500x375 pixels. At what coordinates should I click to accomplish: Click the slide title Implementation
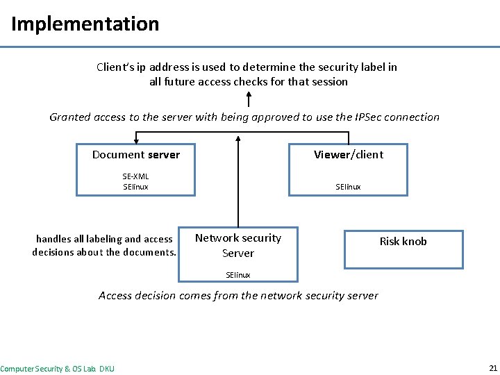pyautogui.click(x=85, y=24)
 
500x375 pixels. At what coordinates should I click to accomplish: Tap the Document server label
pyautogui.click(x=136, y=154)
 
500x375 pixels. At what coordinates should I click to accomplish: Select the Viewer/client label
pyautogui.click(x=348, y=154)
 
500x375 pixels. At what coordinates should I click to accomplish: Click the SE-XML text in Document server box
pyautogui.click(x=135, y=176)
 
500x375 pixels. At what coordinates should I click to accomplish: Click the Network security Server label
pyautogui.click(x=237, y=245)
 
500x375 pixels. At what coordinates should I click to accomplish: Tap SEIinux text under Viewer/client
pyautogui.click(x=348, y=187)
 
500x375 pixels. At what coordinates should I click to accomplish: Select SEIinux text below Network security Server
pyautogui.click(x=238, y=275)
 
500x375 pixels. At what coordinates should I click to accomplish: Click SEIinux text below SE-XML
pyautogui.click(x=135, y=187)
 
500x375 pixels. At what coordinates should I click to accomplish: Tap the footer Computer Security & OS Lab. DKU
pyautogui.click(x=58, y=368)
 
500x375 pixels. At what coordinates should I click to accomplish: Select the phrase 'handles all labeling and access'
pyautogui.click(x=104, y=239)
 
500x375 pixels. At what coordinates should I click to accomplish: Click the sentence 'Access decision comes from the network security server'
pyautogui.click(x=238, y=295)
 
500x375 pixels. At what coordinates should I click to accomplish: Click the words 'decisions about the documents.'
pyautogui.click(x=104, y=252)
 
